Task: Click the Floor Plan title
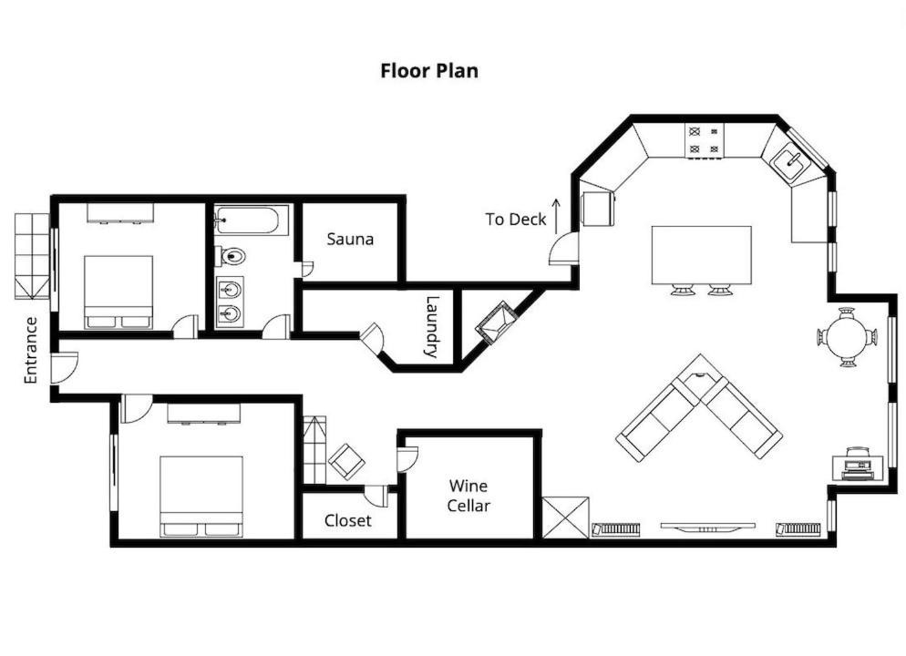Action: tap(429, 70)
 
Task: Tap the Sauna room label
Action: tap(350, 239)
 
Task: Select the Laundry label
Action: tap(433, 327)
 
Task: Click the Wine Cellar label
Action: tap(468, 496)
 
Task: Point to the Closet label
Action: tap(348, 520)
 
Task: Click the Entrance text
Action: tap(31, 350)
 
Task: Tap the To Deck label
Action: tap(515, 220)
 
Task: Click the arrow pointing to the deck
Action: tap(556, 216)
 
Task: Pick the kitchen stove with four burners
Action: tap(705, 140)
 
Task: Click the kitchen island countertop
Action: tap(702, 255)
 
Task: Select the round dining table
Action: tap(847, 337)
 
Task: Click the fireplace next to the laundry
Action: tap(496, 323)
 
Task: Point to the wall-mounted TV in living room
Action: tap(708, 527)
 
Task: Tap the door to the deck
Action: tap(563, 249)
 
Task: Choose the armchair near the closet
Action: tap(346, 461)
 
